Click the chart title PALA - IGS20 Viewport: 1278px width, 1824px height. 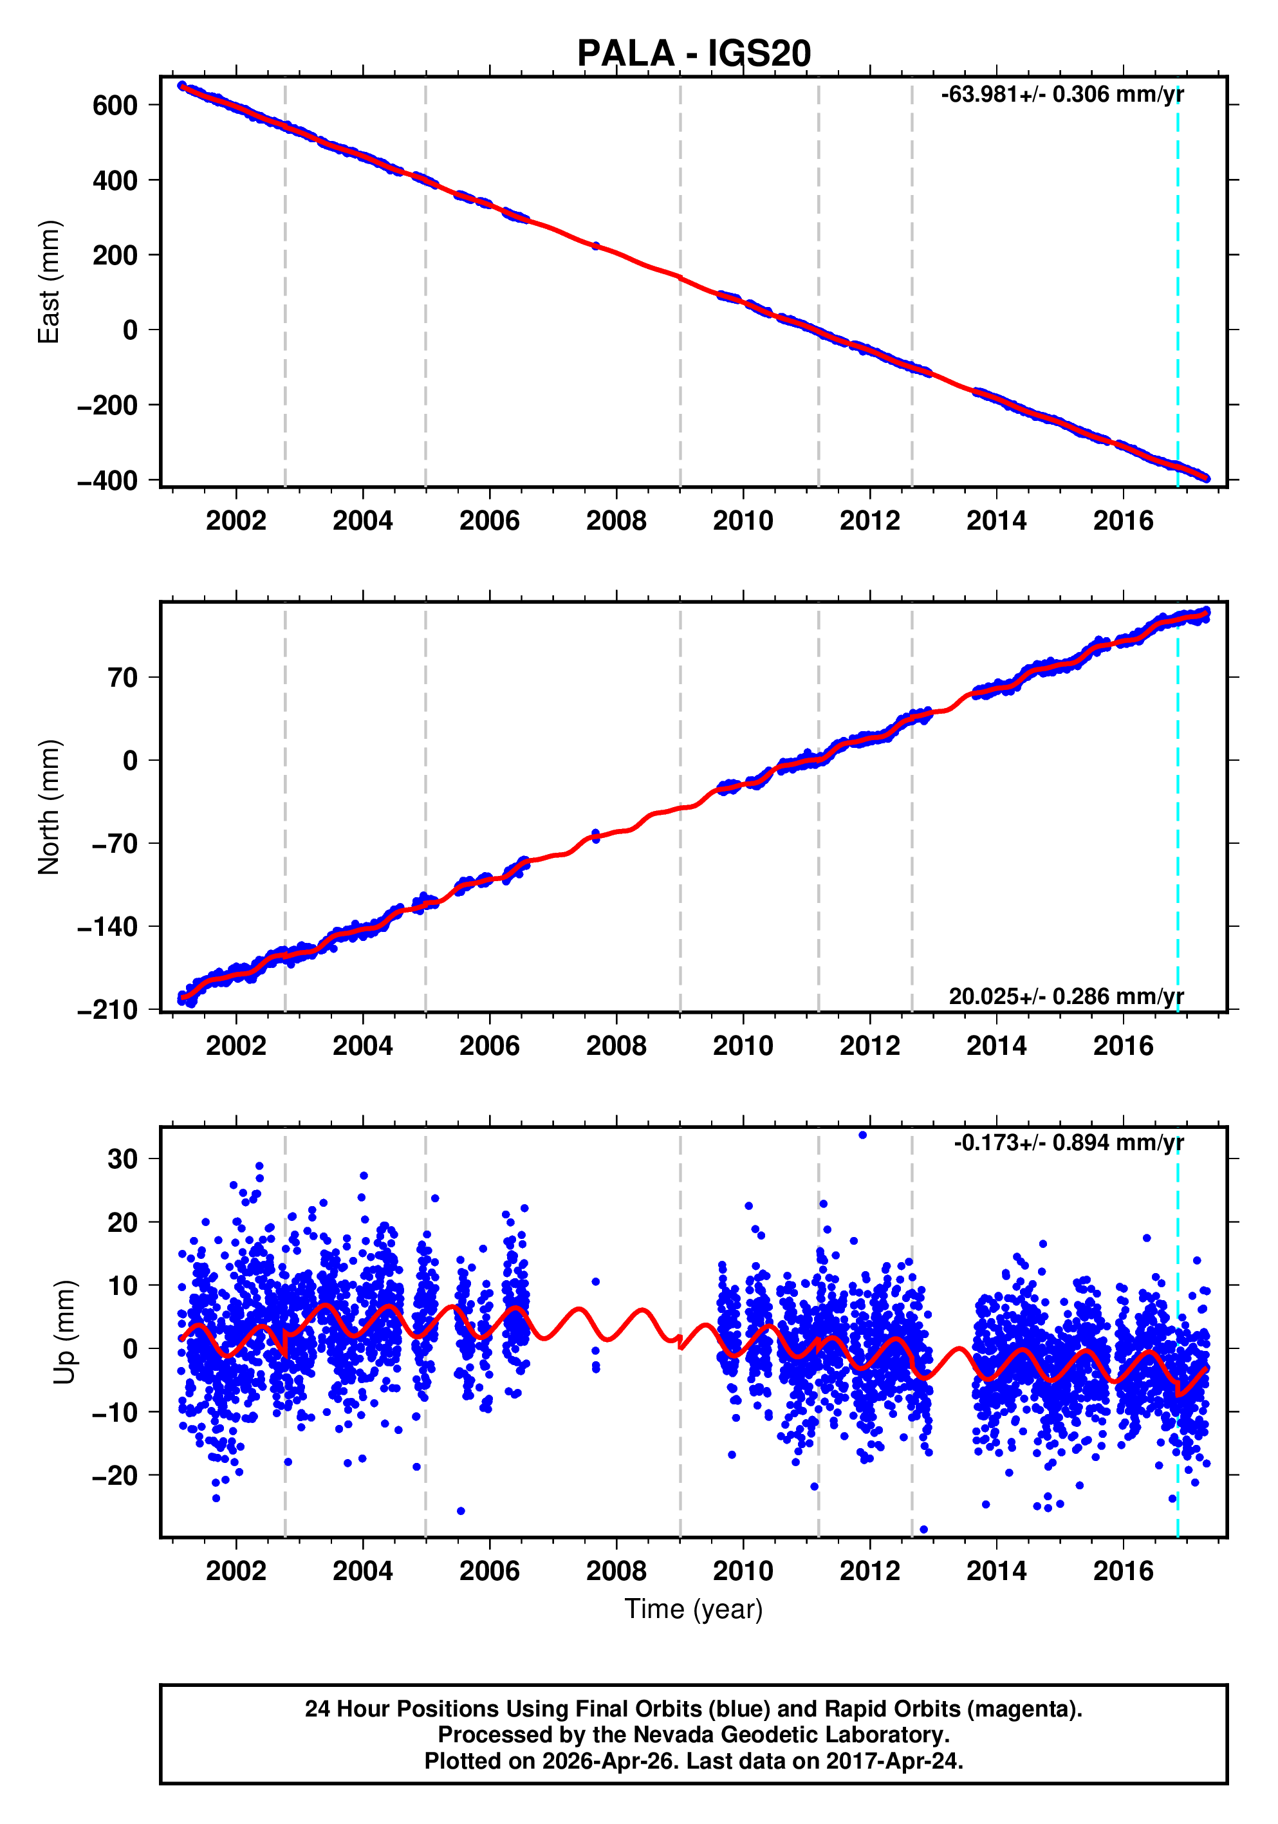tap(694, 54)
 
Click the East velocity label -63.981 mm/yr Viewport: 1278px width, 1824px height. tap(1062, 95)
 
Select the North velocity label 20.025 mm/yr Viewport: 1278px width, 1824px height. tap(1066, 996)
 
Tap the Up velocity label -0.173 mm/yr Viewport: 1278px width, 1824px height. tap(1068, 1142)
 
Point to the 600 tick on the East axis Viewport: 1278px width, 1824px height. tap(115, 105)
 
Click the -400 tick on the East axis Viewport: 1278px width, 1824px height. tap(107, 481)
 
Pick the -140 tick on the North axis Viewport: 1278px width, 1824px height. tap(107, 926)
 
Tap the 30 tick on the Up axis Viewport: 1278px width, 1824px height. tap(122, 1159)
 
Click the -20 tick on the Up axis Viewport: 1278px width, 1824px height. tap(115, 1475)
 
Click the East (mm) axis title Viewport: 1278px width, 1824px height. tap(50, 282)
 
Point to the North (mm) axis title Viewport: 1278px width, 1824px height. tap(50, 807)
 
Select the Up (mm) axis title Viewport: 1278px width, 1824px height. tap(65, 1332)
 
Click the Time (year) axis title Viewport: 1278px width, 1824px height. tap(694, 1608)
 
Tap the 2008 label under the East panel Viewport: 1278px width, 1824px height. tap(616, 521)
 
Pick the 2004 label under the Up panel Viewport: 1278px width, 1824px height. tap(362, 1570)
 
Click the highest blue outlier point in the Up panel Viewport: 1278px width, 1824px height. tap(862, 1135)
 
